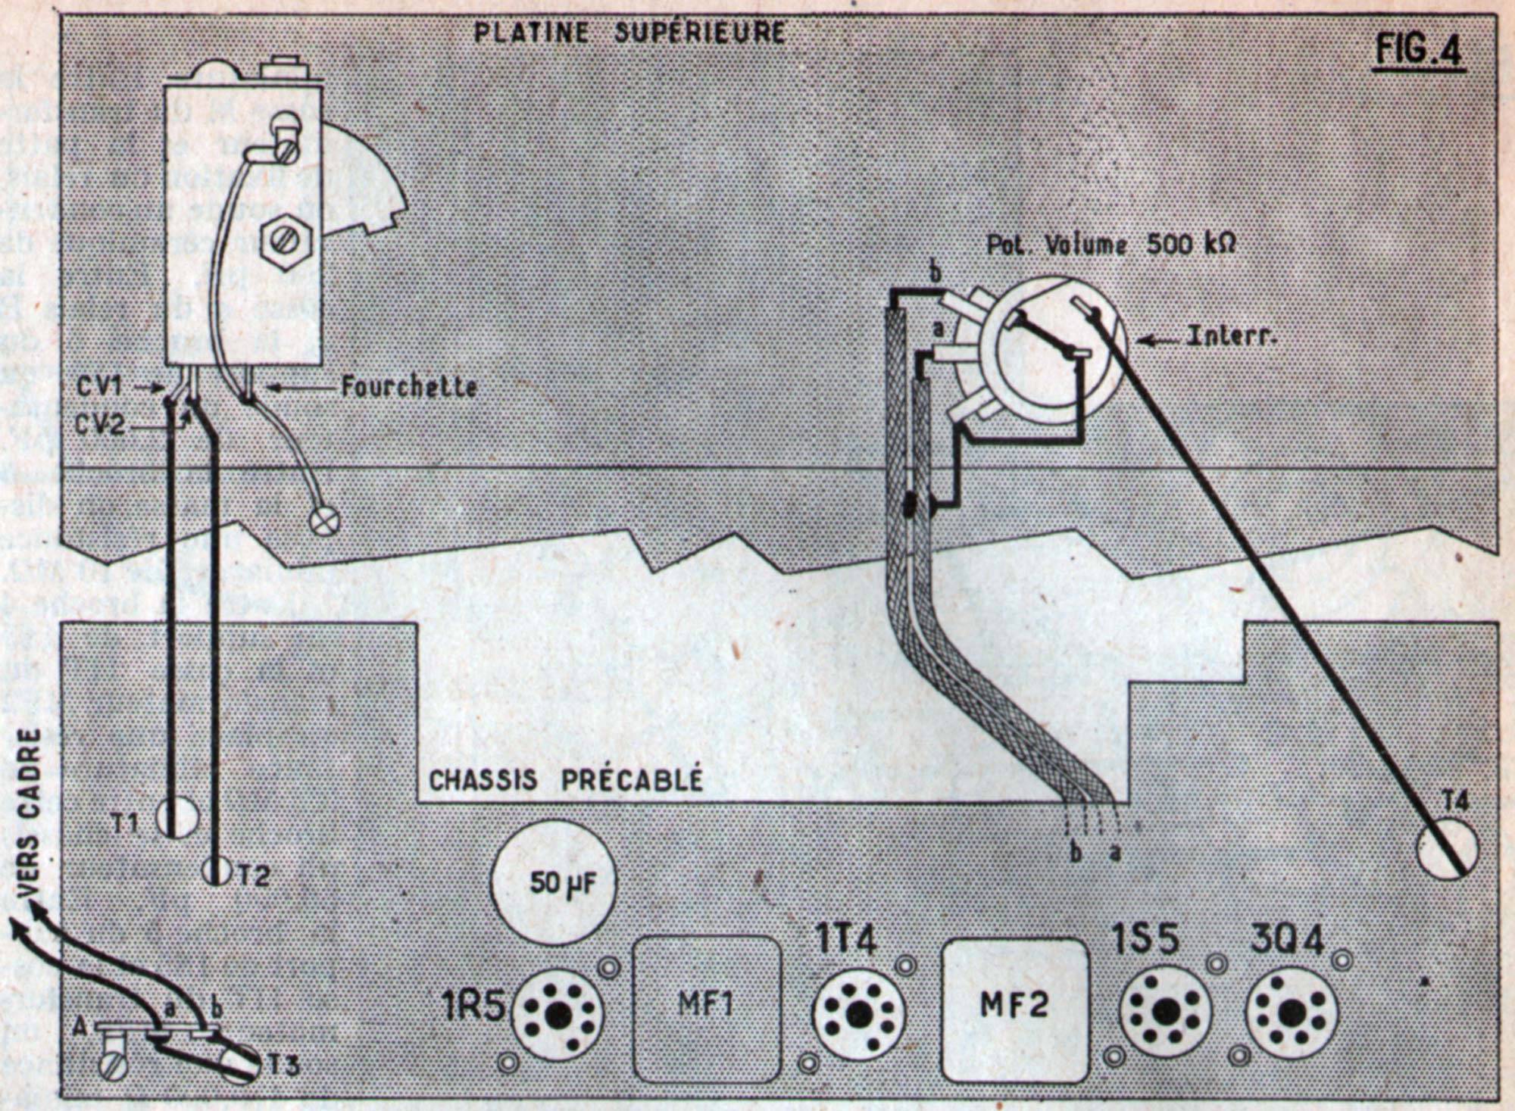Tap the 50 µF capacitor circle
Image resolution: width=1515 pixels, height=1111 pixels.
[552, 883]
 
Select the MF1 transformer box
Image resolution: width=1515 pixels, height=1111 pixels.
[706, 1008]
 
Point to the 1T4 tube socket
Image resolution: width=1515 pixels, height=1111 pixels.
[858, 1015]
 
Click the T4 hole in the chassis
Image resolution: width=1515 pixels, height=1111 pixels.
[1447, 848]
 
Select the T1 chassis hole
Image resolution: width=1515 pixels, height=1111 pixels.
[176, 818]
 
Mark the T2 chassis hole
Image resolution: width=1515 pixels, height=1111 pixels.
[217, 871]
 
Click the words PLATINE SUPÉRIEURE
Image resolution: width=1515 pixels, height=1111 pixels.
[629, 33]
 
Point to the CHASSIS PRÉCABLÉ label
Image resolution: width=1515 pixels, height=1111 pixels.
[566, 780]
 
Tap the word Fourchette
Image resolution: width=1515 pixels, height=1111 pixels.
[409, 388]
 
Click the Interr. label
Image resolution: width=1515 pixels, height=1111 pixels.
[1231, 336]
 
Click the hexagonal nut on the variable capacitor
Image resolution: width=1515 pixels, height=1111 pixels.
[286, 242]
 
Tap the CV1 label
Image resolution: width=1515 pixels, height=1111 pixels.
[98, 386]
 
